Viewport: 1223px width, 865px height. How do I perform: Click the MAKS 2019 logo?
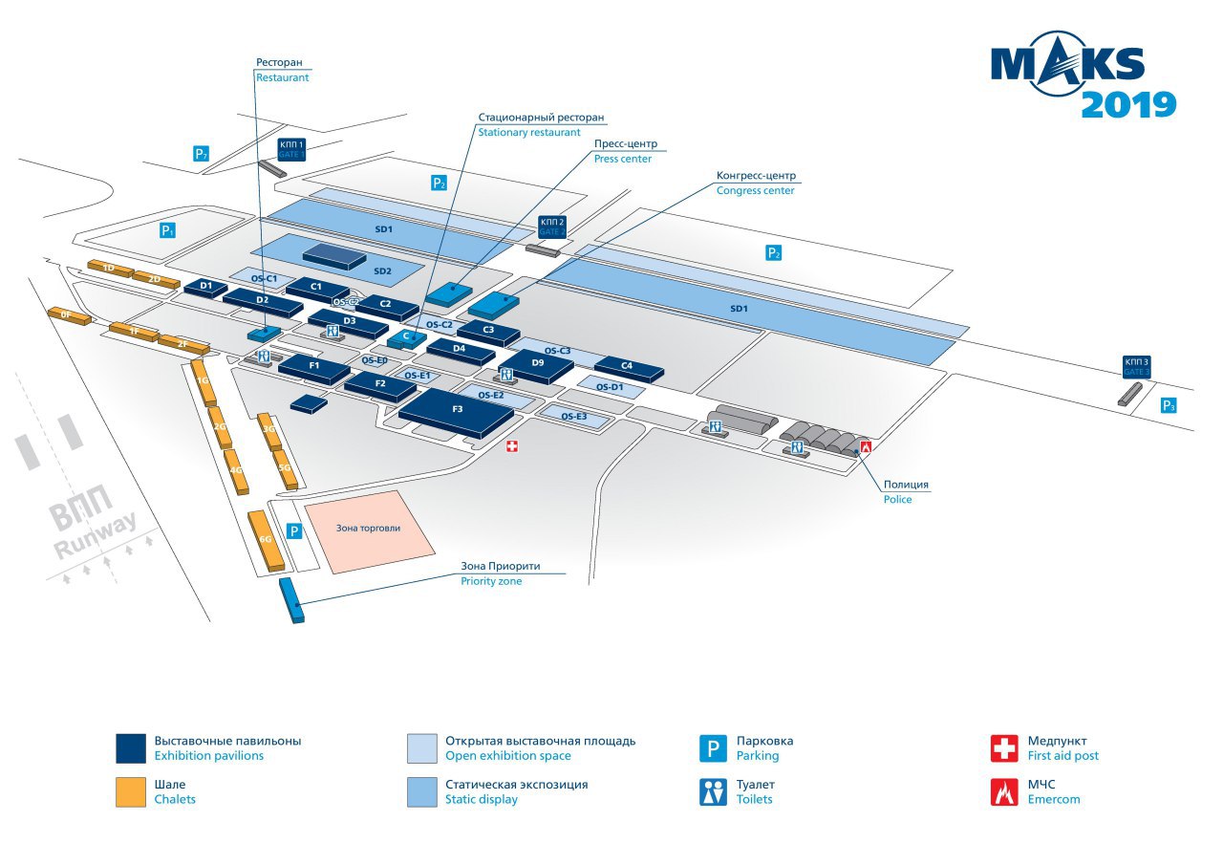(1083, 80)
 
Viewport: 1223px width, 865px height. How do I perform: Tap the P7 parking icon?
(201, 153)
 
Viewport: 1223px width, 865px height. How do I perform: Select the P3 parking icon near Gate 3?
(1168, 405)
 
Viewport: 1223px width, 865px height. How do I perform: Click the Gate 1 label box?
(290, 148)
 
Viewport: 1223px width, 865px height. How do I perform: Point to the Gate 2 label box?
(552, 227)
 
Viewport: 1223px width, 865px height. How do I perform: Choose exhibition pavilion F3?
(457, 411)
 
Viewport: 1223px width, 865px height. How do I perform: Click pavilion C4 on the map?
(627, 367)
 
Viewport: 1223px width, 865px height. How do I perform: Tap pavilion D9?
(538, 364)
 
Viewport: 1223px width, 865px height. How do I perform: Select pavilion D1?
(205, 286)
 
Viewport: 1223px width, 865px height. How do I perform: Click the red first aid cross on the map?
(512, 446)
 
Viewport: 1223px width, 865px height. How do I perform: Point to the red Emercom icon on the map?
(866, 446)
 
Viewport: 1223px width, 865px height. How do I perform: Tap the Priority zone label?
(501, 573)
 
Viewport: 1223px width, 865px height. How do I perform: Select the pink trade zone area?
(369, 530)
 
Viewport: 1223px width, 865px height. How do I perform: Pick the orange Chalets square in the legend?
(129, 792)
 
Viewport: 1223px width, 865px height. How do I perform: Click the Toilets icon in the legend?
(713, 792)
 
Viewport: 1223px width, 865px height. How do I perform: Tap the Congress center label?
(756, 183)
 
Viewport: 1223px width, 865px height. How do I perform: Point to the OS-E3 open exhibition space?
(573, 416)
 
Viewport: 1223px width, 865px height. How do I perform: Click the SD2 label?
(382, 271)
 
